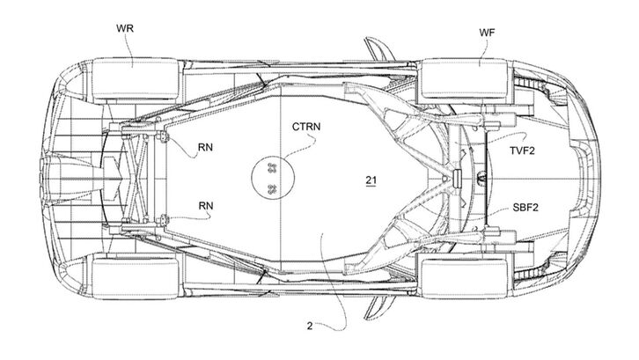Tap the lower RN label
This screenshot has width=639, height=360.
207,207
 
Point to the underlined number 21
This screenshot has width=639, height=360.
371,180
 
